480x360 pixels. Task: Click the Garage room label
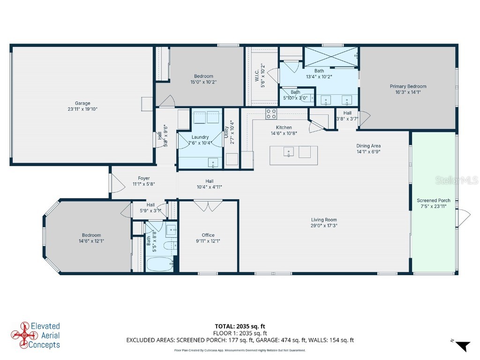[x=82, y=103]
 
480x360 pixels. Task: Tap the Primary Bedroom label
[x=408, y=86]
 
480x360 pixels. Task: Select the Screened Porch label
[x=434, y=201]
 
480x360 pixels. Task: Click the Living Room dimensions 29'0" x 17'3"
[x=324, y=225]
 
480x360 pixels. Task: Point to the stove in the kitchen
[x=271, y=113]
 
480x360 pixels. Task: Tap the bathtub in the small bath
[x=159, y=264]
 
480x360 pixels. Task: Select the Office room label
[x=208, y=235]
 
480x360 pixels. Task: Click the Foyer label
[x=143, y=178]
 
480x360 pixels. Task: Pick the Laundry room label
[x=200, y=137]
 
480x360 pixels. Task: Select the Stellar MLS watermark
[x=457, y=180]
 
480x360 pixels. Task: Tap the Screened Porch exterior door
[x=464, y=217]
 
